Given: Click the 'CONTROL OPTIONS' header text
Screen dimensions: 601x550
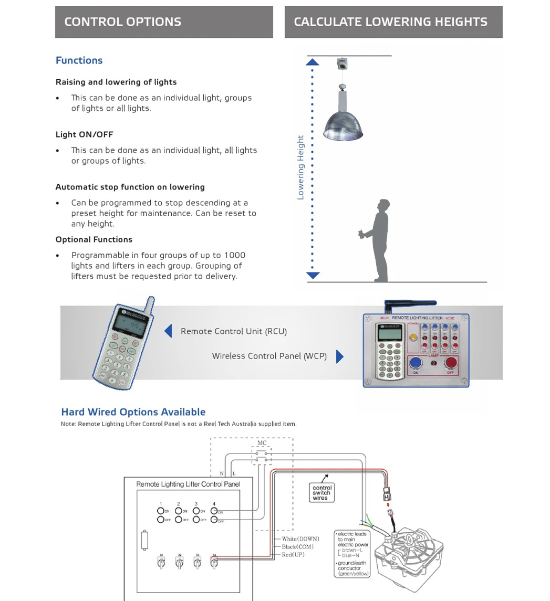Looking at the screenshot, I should pos(122,22).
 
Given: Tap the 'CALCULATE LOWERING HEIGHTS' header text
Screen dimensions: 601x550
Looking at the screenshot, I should pos(390,22).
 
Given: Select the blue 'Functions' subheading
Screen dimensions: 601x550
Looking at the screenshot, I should pos(79,60).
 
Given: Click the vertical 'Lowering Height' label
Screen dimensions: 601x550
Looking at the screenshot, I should pos(300,167).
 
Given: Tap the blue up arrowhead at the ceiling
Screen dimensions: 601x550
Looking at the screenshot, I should pos(313,62).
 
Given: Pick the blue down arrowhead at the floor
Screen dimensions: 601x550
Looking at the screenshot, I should pos(313,275).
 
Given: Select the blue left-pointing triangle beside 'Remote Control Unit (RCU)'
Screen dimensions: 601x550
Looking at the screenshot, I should pos(169,331).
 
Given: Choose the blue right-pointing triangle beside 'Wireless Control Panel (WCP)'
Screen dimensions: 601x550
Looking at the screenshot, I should pos(339,356).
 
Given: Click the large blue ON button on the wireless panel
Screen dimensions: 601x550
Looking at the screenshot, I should pos(416,362).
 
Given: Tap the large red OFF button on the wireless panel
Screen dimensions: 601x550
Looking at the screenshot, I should pos(451,362).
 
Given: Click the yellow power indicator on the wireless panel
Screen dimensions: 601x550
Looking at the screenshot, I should pos(413,337).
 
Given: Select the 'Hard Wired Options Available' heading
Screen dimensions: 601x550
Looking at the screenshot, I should pos(133,412).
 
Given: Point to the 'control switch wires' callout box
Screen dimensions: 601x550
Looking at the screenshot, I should pos(321,493).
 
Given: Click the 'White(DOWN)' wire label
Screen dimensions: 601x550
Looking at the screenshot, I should pos(300,539).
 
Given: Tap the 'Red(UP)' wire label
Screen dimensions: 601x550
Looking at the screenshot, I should pos(293,554).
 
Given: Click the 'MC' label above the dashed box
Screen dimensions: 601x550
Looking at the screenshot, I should pos(262,443).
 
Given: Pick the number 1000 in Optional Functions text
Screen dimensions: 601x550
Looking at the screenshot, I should pos(234,255).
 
